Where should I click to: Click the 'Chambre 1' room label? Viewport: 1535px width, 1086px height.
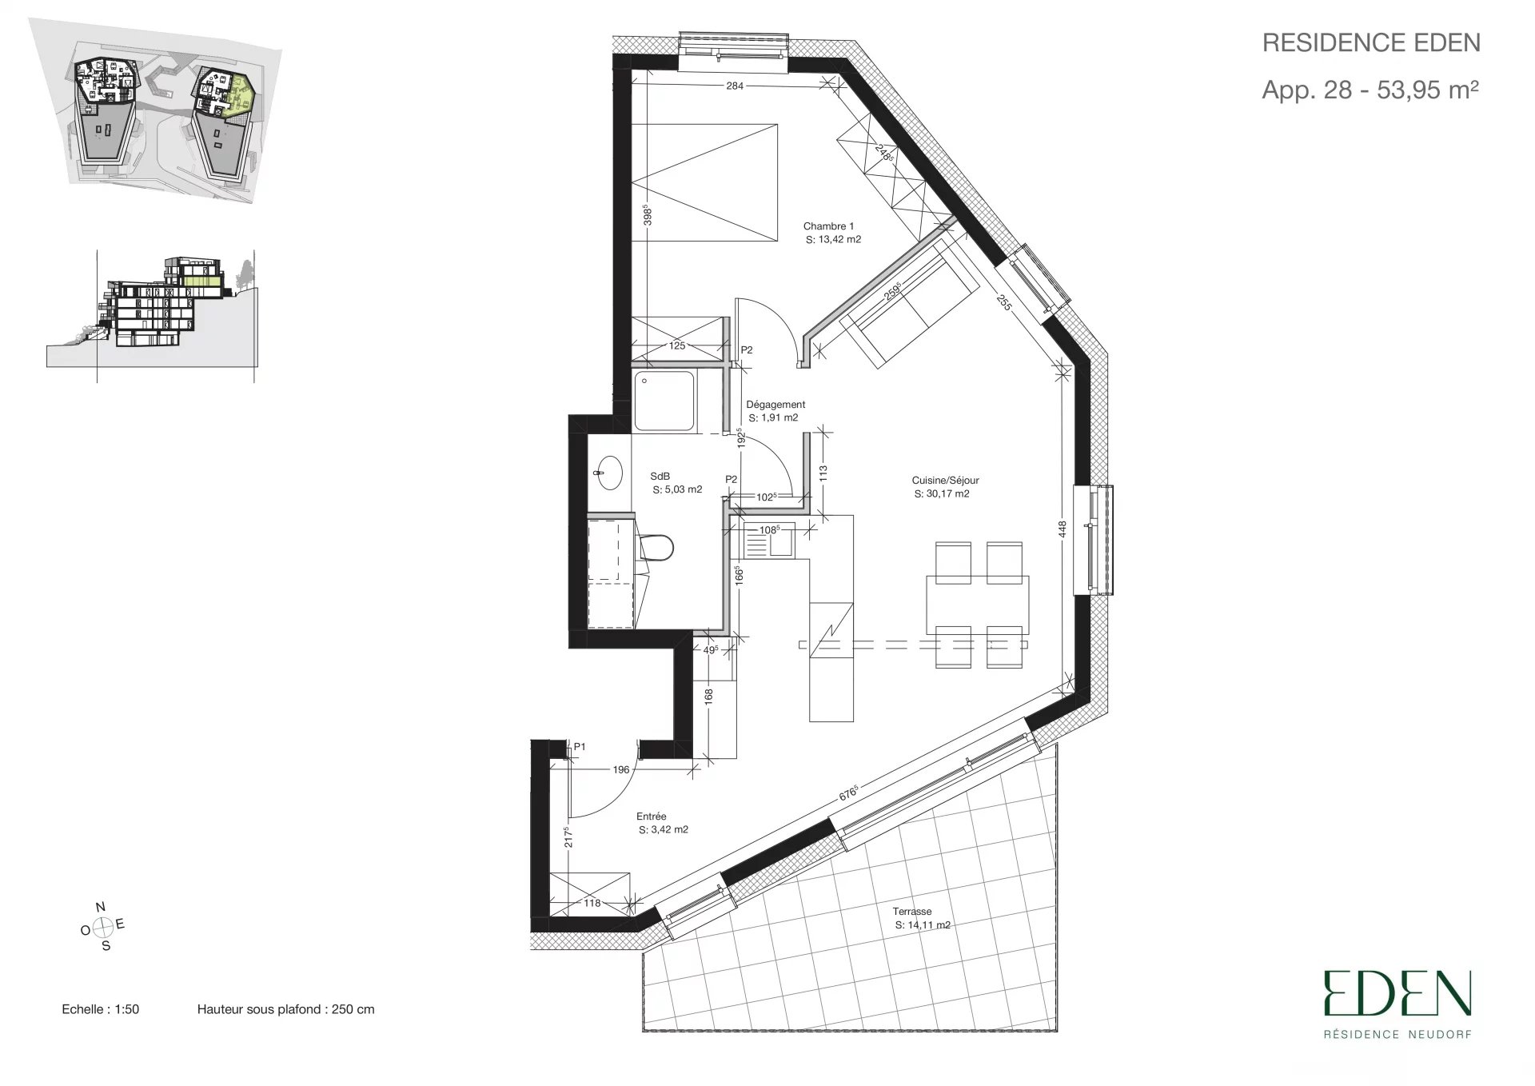click(828, 226)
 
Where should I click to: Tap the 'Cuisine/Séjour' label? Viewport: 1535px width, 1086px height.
click(945, 481)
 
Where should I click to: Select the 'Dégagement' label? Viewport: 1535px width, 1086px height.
click(775, 405)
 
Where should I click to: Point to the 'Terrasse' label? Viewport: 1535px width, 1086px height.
click(912, 912)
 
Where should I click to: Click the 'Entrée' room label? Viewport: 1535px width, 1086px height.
click(652, 816)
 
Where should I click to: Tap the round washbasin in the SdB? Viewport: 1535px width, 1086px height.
click(609, 473)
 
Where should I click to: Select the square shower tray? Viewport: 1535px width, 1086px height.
click(666, 401)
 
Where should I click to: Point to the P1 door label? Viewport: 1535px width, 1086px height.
click(580, 747)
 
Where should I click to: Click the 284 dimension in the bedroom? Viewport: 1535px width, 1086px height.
click(735, 86)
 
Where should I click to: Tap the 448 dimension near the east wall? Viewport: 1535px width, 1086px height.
click(1063, 529)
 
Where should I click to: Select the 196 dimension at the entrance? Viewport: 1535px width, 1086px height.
click(621, 770)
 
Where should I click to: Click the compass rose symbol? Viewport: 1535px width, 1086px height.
click(102, 928)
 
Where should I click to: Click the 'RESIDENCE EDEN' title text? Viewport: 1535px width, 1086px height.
click(1371, 43)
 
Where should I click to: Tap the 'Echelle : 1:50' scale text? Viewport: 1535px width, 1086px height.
click(101, 1009)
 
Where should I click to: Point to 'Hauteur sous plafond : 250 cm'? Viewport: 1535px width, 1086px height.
click(285, 1009)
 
